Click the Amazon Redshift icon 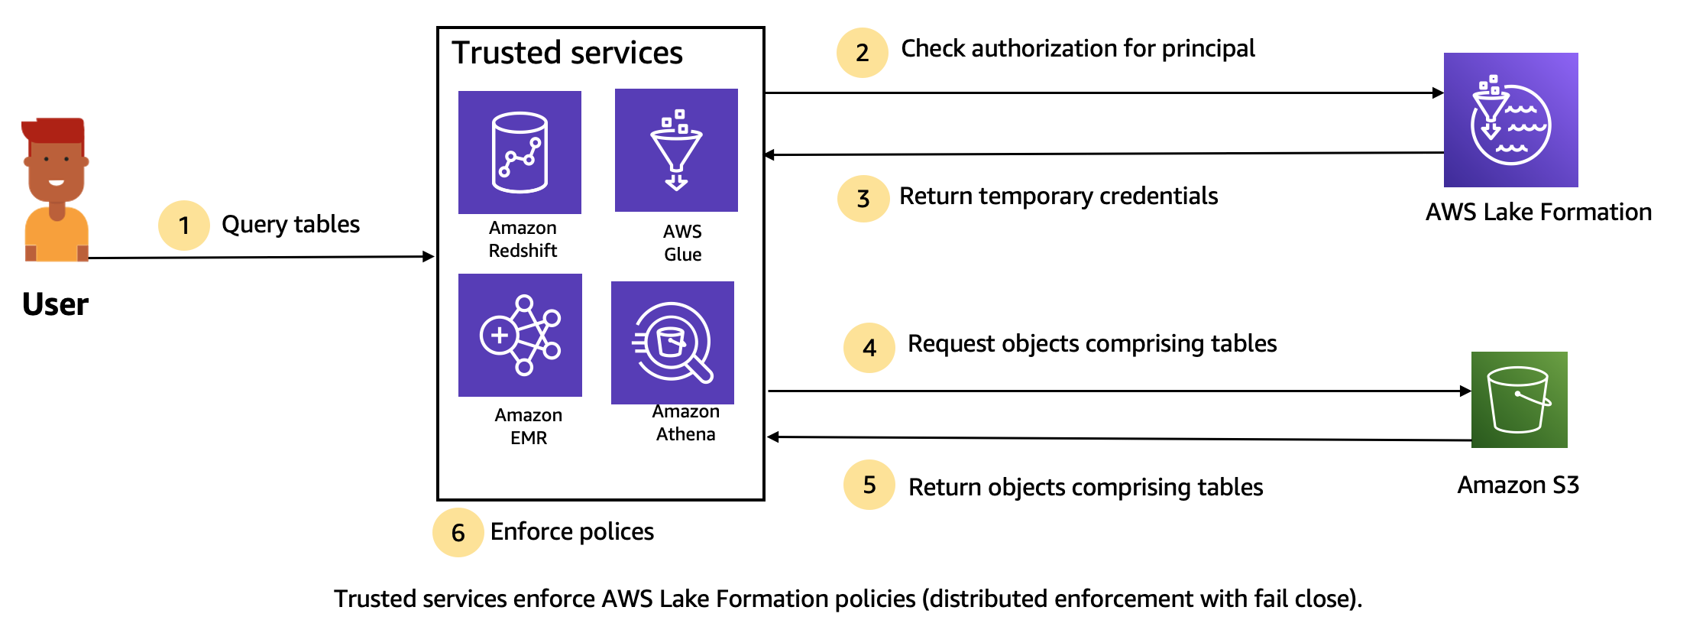click(x=520, y=152)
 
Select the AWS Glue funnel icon click(x=676, y=151)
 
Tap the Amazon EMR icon click(x=520, y=335)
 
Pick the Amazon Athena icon click(x=672, y=342)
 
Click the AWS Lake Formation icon click(x=1510, y=120)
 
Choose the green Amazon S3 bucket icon click(x=1519, y=400)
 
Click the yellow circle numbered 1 click(x=183, y=226)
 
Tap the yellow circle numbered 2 click(x=862, y=53)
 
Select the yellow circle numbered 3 click(x=863, y=199)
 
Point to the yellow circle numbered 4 click(x=869, y=348)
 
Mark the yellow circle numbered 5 click(x=869, y=485)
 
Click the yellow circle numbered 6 click(x=458, y=533)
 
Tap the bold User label click(x=55, y=304)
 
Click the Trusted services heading click(x=567, y=53)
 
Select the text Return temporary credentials click(x=1058, y=196)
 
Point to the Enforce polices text click(x=571, y=531)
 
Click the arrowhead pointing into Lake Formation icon click(x=1438, y=93)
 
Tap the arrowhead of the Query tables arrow click(x=429, y=257)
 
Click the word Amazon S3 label click(x=1517, y=485)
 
